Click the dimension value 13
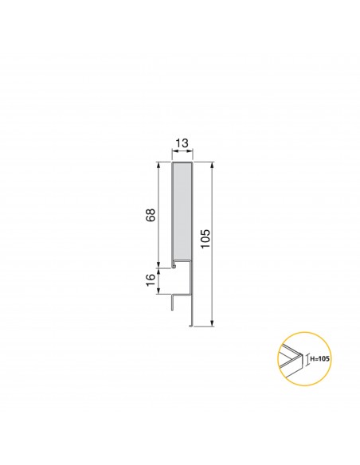(182, 143)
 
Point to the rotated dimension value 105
(205, 240)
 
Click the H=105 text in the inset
(319, 359)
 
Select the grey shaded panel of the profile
(182, 210)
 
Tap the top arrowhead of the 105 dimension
(213, 164)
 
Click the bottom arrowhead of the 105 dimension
(213, 323)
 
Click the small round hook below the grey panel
(175, 265)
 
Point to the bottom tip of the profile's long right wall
(190, 324)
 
